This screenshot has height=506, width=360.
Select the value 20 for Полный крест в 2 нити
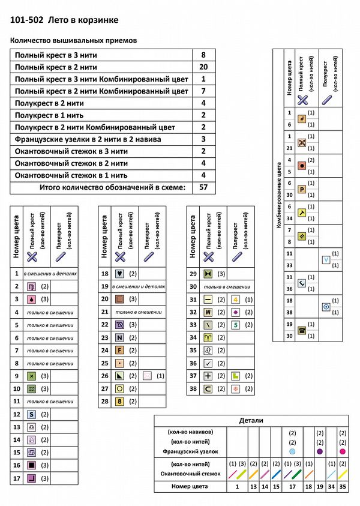click(203, 67)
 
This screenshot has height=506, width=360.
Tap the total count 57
click(203, 187)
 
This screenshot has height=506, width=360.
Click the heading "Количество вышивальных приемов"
click(74, 41)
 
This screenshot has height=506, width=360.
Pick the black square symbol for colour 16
click(30, 465)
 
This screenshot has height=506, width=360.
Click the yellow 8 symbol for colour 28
click(119, 401)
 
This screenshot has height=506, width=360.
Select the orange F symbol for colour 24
click(119, 350)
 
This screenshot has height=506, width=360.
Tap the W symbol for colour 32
click(208, 312)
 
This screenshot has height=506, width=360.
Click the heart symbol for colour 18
click(119, 273)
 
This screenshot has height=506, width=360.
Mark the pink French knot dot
click(343, 451)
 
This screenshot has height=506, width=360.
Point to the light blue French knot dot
click(292, 451)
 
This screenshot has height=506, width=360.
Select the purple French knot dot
click(319, 451)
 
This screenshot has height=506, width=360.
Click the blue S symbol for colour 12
click(30, 414)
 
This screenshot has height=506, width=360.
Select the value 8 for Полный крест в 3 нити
click(203, 55)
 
